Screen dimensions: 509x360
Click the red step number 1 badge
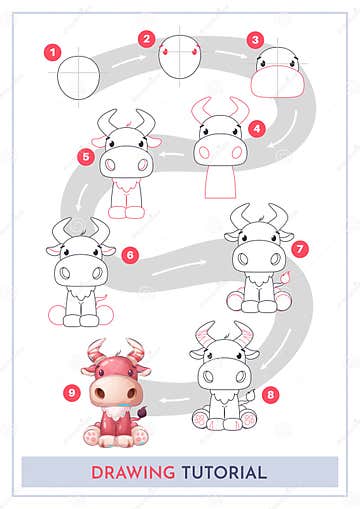coord(53,49)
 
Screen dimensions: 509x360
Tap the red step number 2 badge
coord(146,39)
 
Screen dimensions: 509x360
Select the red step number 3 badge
coord(255,41)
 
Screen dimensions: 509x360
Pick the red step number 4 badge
coord(257,128)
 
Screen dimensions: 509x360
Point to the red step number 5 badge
coord(86,156)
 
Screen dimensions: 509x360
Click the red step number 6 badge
coord(129,255)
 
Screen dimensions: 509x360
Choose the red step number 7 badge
coord(301,247)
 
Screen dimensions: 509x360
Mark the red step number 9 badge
coord(71,392)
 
